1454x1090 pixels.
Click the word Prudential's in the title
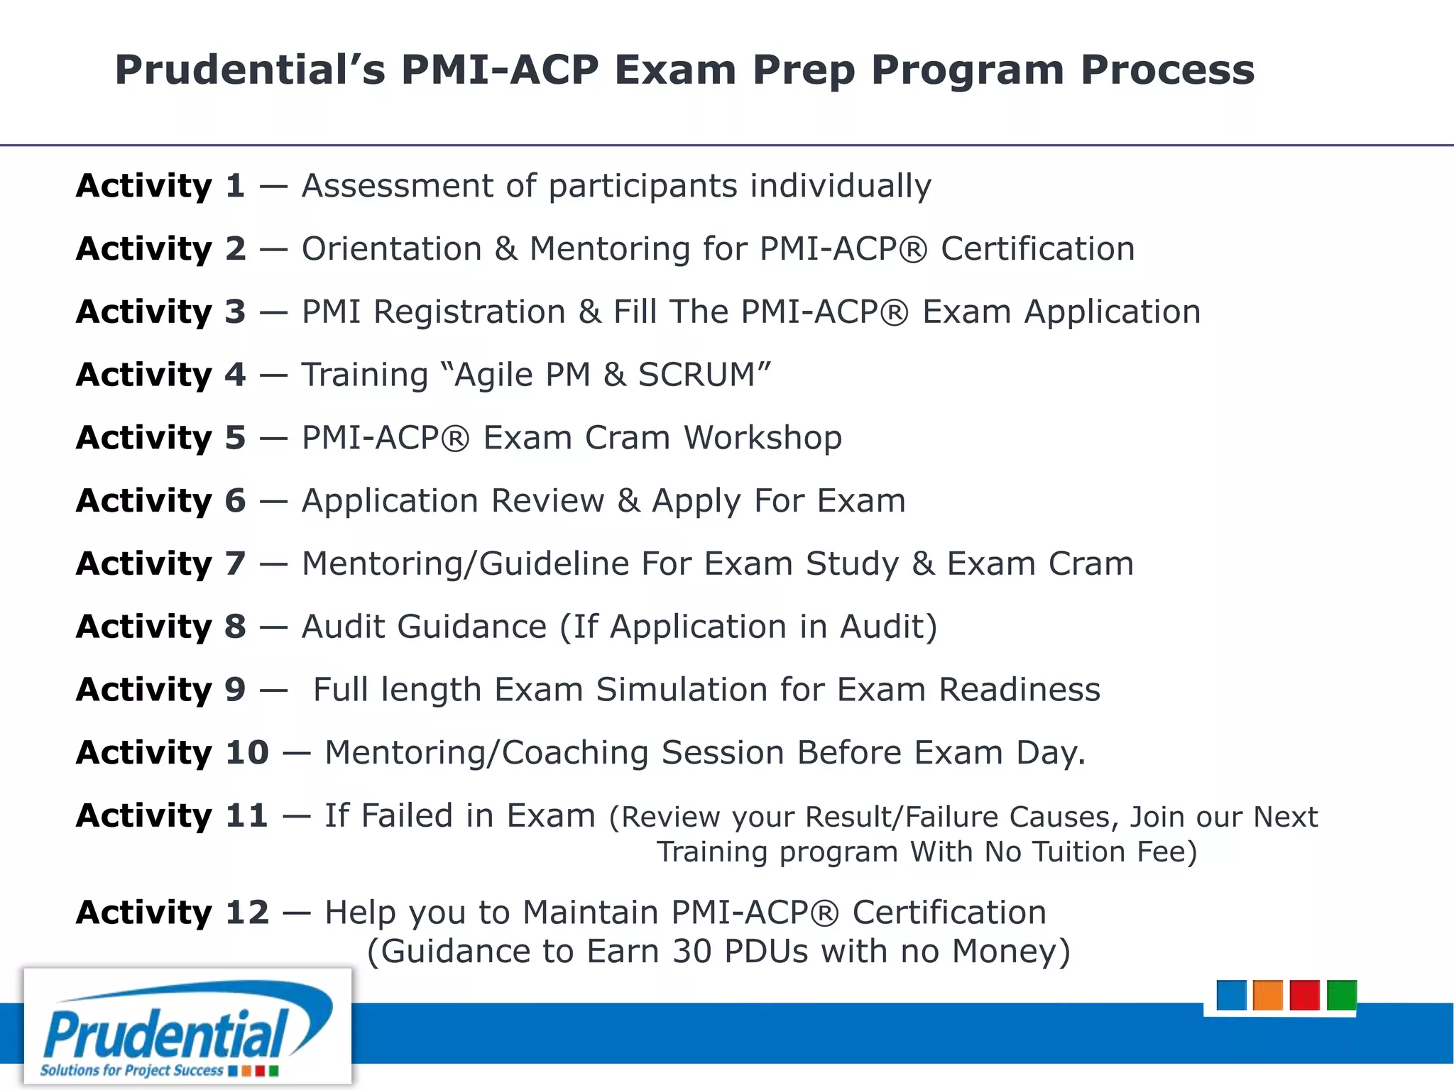[x=250, y=70]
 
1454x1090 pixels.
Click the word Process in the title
[x=1167, y=70]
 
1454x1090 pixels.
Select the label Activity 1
[x=160, y=186]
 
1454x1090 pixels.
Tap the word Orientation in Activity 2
[x=392, y=249]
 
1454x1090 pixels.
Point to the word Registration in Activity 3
[x=469, y=312]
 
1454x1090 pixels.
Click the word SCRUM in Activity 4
[x=696, y=375]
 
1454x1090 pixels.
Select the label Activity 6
[x=160, y=501]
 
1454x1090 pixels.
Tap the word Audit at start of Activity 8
[x=353, y=627]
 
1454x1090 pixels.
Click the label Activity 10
[x=173, y=753]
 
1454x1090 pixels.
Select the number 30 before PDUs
[x=692, y=952]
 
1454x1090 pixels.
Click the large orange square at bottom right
[x=1267, y=995]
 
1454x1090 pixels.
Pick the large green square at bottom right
[x=1341, y=995]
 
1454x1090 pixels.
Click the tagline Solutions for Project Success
[x=131, y=1070]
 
